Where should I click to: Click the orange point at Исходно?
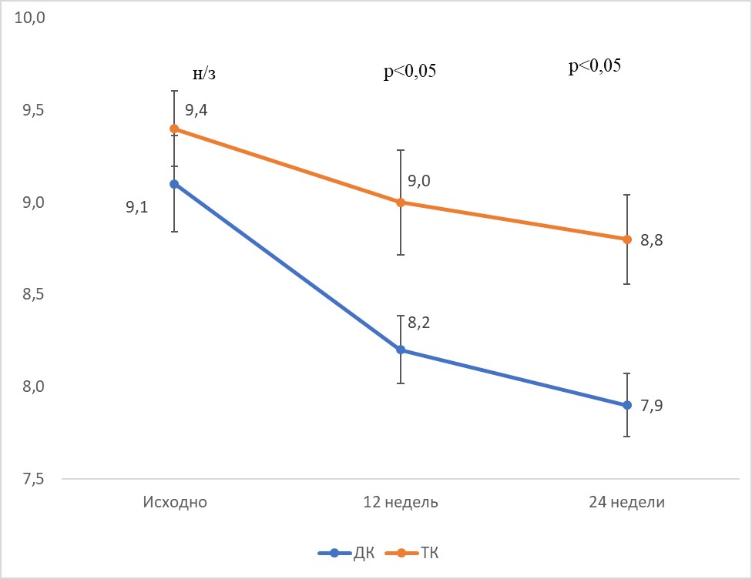click(x=174, y=129)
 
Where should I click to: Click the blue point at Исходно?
click(x=174, y=184)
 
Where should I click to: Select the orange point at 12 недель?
click(x=401, y=202)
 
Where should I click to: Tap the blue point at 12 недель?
click(x=401, y=350)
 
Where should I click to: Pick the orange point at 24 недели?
click(x=627, y=239)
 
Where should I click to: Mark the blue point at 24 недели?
click(x=627, y=405)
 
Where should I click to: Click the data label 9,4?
click(x=196, y=110)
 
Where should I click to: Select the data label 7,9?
click(x=652, y=405)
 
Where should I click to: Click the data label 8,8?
click(x=652, y=239)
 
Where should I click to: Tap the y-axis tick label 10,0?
click(x=31, y=18)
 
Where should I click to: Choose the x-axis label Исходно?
click(x=174, y=503)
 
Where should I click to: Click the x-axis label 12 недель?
click(x=401, y=503)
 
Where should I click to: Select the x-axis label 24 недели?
click(x=627, y=503)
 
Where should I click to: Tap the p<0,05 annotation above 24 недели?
click(x=595, y=67)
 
